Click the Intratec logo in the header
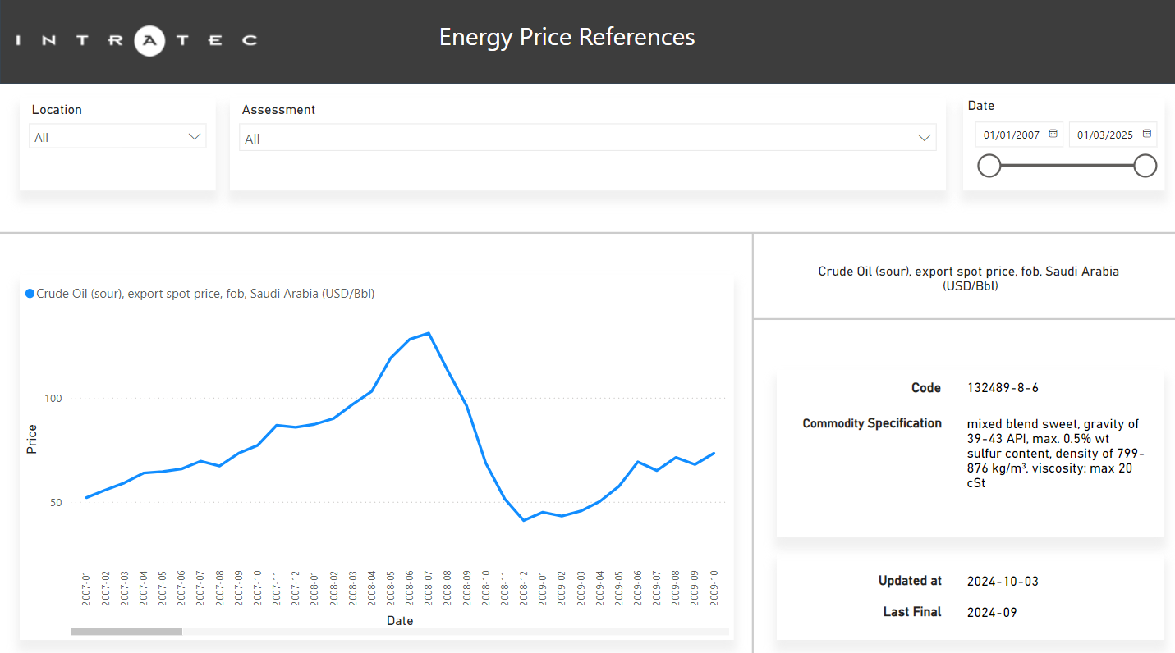click(136, 39)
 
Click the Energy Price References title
click(567, 37)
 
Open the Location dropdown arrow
click(195, 137)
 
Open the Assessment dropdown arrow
click(925, 138)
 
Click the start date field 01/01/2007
click(1018, 135)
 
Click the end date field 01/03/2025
click(1112, 135)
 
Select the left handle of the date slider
click(989, 166)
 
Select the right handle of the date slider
click(1145, 166)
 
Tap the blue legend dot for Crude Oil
click(30, 294)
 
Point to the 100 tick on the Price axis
click(53, 399)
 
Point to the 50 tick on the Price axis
click(55, 502)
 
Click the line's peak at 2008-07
click(429, 333)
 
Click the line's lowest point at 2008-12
click(523, 520)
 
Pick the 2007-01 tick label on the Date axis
click(86, 588)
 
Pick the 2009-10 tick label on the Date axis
click(714, 588)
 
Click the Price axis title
click(32, 439)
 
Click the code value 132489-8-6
click(1003, 388)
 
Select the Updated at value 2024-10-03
click(1003, 582)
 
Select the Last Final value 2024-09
click(992, 612)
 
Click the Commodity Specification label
click(871, 423)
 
